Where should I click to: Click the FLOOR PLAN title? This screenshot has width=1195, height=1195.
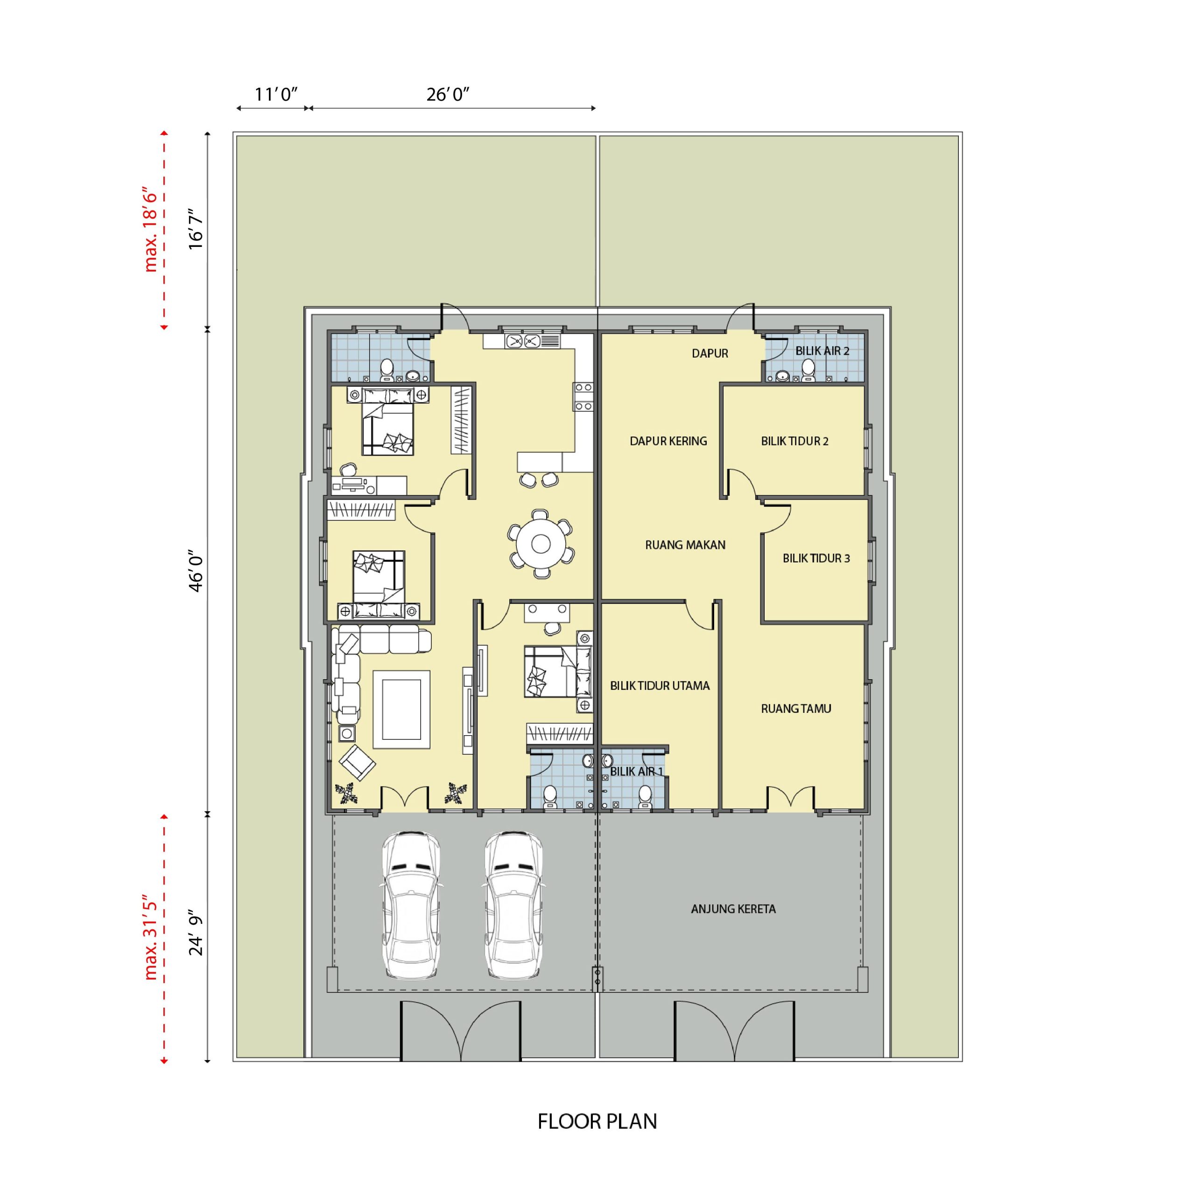coord(597,1121)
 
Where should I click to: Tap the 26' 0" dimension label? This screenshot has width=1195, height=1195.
coord(448,95)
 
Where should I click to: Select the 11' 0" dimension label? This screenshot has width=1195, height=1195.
coord(276,95)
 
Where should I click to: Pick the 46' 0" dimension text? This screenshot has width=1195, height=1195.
coord(196,572)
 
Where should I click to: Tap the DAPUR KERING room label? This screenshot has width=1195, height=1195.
coord(668,441)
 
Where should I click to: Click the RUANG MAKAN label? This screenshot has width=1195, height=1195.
coord(685,545)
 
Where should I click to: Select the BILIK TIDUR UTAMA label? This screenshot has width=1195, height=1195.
coord(660,685)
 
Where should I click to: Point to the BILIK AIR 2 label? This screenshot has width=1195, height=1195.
coord(822,351)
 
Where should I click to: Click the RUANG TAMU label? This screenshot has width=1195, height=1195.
coord(796,708)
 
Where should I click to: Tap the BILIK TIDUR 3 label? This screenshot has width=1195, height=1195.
coord(816,558)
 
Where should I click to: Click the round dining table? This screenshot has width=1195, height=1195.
coord(541,544)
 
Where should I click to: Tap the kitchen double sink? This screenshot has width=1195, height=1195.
coord(523,341)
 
